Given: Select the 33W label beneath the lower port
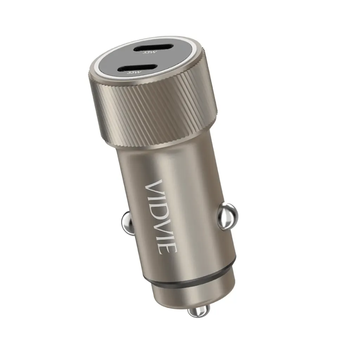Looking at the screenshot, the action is click(134, 72).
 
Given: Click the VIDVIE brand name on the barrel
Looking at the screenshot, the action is click(161, 217).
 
